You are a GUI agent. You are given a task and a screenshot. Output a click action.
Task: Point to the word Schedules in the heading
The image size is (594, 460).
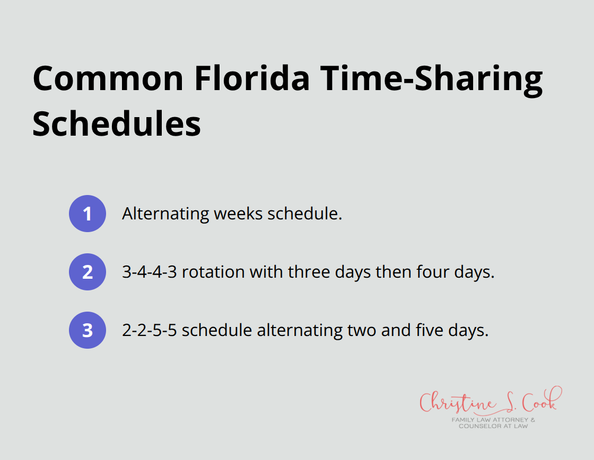[117, 124]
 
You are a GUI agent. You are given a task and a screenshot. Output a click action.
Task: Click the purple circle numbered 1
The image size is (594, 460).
[88, 214]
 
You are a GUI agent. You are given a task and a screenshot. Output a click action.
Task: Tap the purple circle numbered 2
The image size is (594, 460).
[88, 272]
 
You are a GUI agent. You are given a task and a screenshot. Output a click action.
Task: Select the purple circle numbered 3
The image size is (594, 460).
[88, 330]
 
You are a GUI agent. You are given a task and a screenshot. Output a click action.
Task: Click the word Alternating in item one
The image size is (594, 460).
[165, 214]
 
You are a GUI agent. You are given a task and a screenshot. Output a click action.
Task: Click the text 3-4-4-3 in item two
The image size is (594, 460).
[149, 272]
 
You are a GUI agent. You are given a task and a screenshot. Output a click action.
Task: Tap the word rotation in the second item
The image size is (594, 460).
[213, 272]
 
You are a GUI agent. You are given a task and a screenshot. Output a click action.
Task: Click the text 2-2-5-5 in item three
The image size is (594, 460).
[149, 330]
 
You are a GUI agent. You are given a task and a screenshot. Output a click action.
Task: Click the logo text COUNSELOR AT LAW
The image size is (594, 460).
[493, 426]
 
